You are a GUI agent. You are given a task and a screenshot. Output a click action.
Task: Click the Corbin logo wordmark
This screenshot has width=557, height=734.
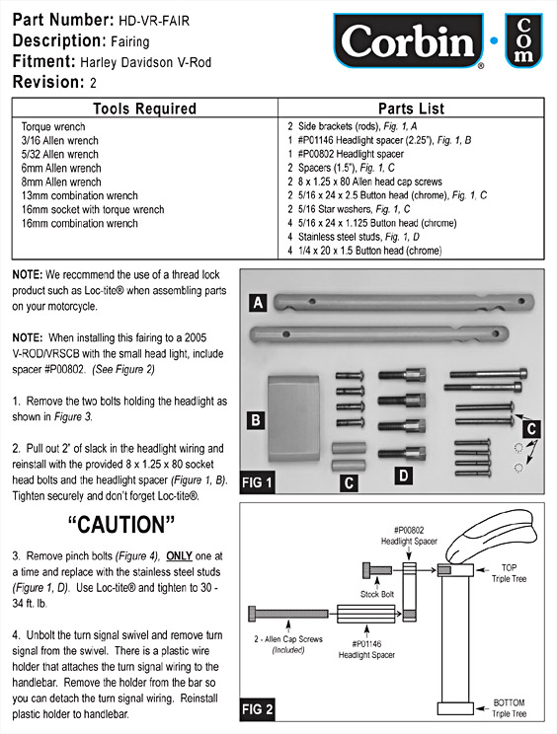point(408,41)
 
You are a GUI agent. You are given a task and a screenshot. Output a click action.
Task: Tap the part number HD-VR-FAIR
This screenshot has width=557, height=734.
point(154,21)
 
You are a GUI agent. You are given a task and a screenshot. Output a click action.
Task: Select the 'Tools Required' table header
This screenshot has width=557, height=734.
point(145,109)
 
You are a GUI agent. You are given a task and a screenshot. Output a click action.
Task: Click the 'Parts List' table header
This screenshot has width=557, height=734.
point(411,109)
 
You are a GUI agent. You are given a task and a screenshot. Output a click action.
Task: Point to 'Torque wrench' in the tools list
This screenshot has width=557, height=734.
point(53,127)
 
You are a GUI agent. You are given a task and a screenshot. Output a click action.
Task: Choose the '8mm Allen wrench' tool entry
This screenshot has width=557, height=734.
point(61,183)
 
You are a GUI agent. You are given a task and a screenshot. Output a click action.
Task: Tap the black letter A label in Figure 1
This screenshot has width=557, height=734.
point(258,303)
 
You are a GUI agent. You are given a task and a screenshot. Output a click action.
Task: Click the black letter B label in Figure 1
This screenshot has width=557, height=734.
point(256,419)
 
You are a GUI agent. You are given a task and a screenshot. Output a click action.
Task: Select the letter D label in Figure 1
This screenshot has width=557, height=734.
point(403,476)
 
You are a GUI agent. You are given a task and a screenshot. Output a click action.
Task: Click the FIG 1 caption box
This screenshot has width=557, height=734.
point(257,481)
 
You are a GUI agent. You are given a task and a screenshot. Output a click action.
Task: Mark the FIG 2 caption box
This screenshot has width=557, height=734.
point(257,709)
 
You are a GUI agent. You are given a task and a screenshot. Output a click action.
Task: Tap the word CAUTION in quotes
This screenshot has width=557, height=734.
point(121,525)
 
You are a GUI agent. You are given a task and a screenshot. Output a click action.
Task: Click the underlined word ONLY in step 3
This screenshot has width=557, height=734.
point(180,555)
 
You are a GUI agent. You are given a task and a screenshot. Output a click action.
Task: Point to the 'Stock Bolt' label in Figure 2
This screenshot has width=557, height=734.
point(377,594)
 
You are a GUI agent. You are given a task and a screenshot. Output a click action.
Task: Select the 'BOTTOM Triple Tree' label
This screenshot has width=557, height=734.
point(510,707)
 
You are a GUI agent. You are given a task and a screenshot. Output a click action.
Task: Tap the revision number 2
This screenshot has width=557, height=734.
point(93,83)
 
